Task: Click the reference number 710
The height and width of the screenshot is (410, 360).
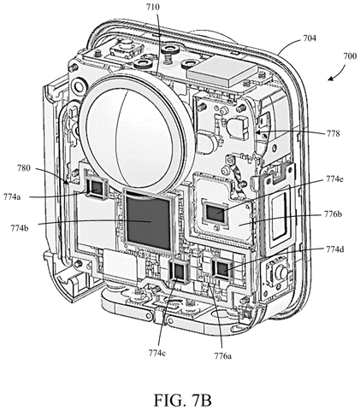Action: click(x=153, y=7)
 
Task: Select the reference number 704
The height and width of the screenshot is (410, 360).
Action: click(x=310, y=38)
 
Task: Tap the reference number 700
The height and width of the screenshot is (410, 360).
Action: click(x=350, y=56)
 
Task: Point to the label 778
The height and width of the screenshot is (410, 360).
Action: click(x=333, y=133)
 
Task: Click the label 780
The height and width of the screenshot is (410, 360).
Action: click(x=23, y=168)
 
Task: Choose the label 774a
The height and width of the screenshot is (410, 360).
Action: click(x=12, y=196)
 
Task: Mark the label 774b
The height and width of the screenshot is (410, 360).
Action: click(x=20, y=228)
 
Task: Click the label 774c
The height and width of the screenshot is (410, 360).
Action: click(x=156, y=353)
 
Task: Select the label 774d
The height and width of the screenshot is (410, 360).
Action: click(x=335, y=249)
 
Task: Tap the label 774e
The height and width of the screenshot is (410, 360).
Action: click(x=335, y=179)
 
